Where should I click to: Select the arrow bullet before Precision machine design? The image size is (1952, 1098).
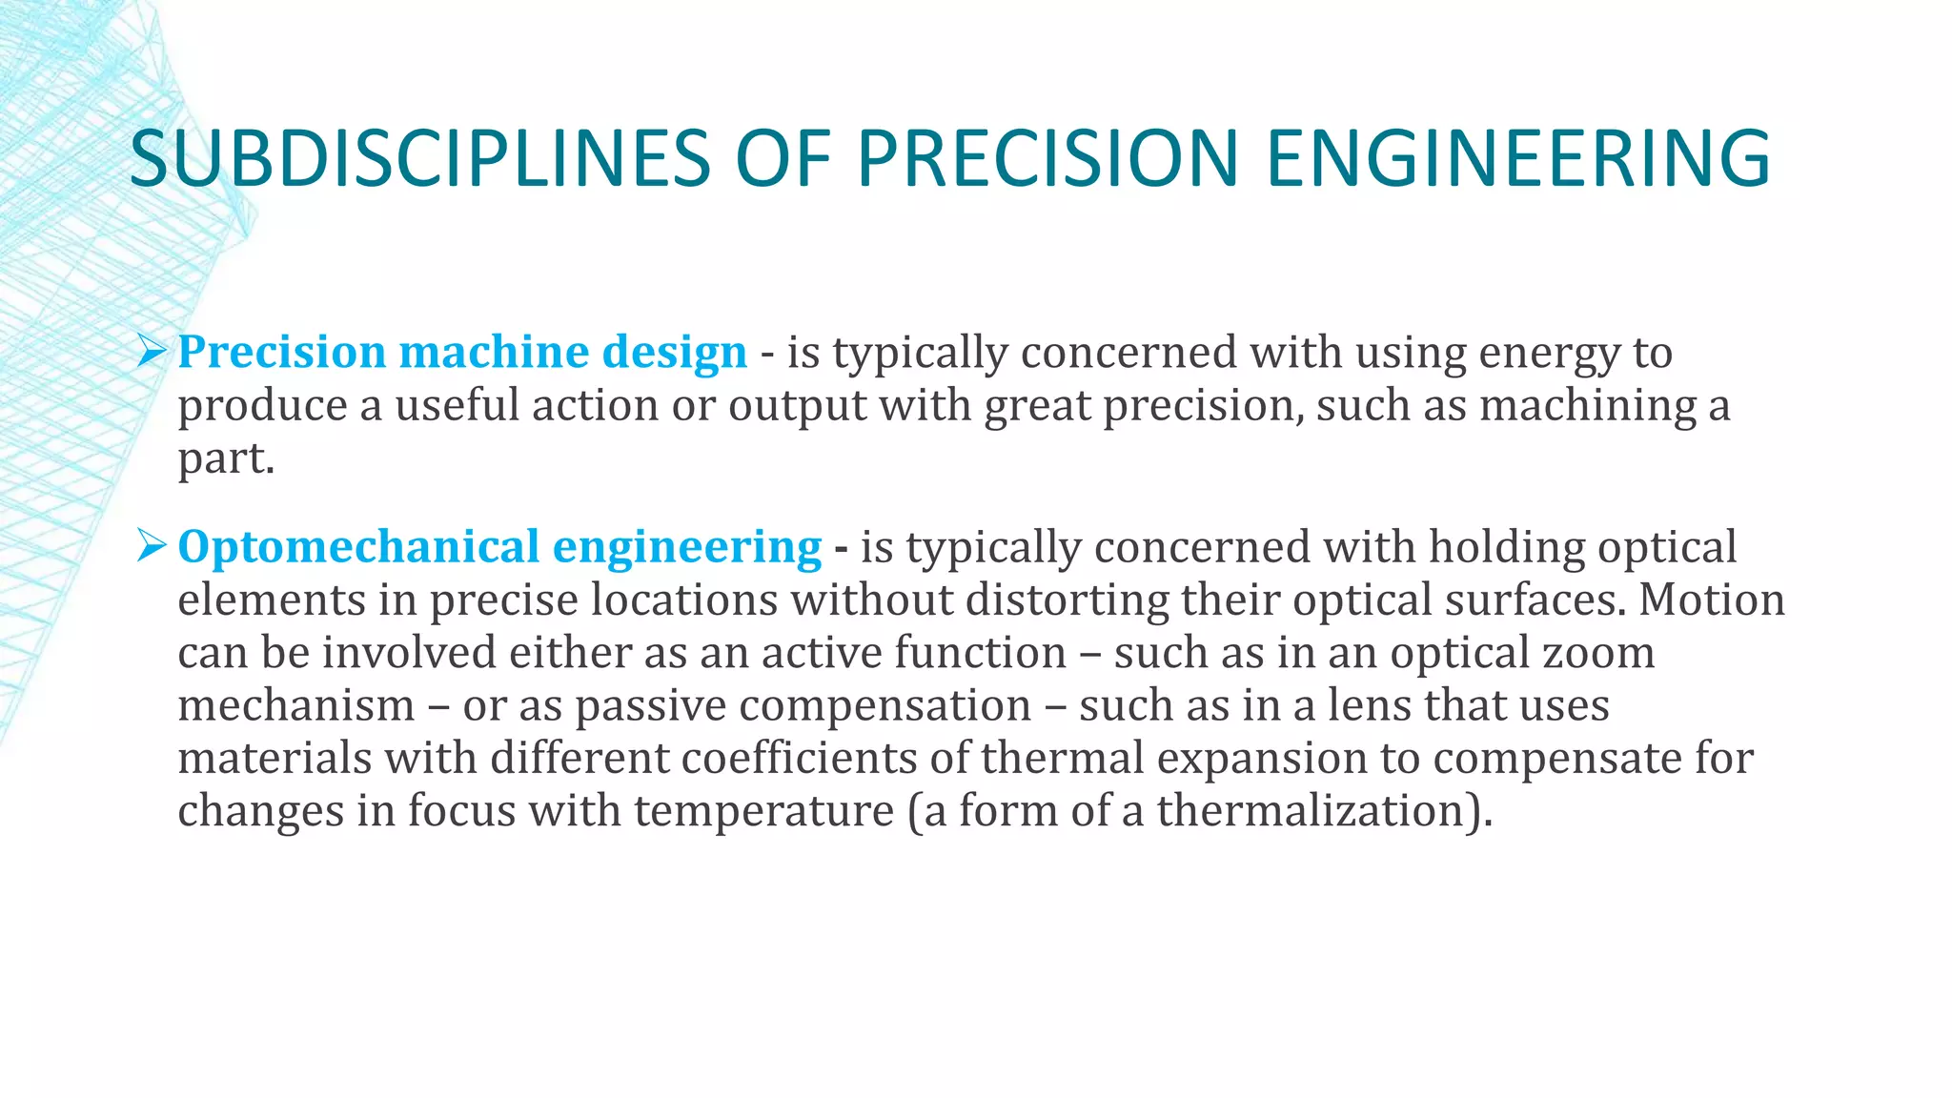(x=152, y=352)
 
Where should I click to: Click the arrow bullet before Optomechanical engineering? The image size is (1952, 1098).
(x=152, y=546)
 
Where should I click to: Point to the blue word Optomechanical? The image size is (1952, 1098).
(x=358, y=547)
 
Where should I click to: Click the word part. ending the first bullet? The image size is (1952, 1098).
(x=226, y=459)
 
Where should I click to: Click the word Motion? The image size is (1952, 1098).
(x=1711, y=600)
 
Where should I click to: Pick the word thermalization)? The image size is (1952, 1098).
(x=1324, y=811)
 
